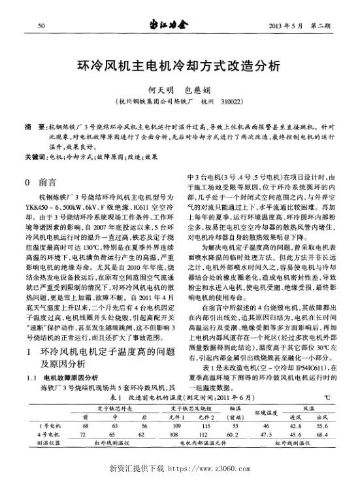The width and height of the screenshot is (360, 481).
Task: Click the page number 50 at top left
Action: (42, 25)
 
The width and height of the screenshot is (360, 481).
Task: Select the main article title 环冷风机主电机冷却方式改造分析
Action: (179, 65)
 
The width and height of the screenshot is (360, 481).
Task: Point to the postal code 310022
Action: (232, 103)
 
